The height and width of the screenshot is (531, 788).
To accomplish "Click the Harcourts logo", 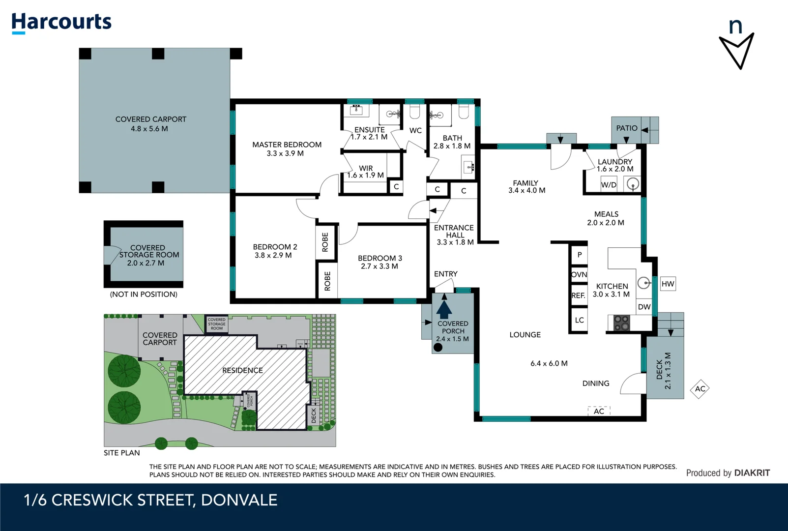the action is (x=61, y=23).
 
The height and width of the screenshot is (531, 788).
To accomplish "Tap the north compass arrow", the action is (x=736, y=49).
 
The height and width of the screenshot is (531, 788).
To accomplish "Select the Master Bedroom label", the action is (x=287, y=145).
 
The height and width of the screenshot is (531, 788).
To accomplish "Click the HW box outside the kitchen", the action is (x=668, y=284).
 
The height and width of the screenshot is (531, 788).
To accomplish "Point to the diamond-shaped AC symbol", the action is (x=700, y=389).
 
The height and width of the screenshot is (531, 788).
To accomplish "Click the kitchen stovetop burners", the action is (x=622, y=323).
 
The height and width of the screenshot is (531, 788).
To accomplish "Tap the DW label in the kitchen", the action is (x=644, y=307).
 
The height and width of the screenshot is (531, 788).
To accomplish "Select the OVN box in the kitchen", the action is (x=579, y=275).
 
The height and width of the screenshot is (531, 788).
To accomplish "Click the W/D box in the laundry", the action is (x=609, y=185).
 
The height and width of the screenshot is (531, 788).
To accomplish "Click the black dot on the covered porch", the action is (x=438, y=347).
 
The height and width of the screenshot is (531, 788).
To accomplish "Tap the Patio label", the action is (x=627, y=128).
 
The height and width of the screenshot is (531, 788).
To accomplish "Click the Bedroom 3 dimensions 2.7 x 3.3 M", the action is (x=379, y=266).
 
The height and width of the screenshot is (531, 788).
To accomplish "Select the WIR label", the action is (x=366, y=168).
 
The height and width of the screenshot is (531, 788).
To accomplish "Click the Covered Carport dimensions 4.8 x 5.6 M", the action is (x=149, y=129).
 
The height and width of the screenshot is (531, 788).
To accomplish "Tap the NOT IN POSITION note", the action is (x=144, y=295).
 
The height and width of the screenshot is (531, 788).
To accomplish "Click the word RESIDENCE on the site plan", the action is (x=242, y=370).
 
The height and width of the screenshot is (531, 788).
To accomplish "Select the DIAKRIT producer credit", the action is (x=752, y=473).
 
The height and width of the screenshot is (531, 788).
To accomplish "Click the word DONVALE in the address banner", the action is (x=239, y=500).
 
